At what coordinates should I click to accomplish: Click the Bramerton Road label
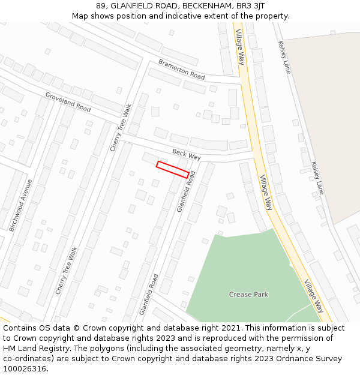pyautogui.click(x=181, y=70)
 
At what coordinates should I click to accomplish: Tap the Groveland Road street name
pyautogui.click(x=68, y=102)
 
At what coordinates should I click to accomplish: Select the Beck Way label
pyautogui.click(x=186, y=155)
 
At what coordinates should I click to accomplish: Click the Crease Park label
pyautogui.click(x=248, y=295)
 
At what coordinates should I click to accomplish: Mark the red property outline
pyautogui.click(x=173, y=169)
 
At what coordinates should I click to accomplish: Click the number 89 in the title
pyautogui.click(x=101, y=5)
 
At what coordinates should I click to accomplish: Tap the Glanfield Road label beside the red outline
pyautogui.click(x=186, y=191)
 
